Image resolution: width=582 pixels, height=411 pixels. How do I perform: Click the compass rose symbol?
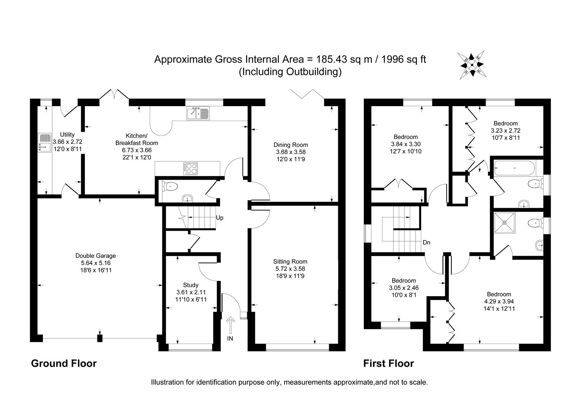coord(472,65)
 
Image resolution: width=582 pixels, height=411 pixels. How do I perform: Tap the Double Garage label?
coord(96,256)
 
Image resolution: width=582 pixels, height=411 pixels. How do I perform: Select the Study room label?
coord(190,285)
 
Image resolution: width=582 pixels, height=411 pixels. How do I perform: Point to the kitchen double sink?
coord(198,113)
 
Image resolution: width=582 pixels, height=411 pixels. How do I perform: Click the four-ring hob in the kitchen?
coord(191,168)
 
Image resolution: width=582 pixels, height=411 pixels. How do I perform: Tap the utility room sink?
coord(45,143)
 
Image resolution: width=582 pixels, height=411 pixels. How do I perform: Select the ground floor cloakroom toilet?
coord(170,186)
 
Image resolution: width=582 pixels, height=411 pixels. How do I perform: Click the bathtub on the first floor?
coord(514,167)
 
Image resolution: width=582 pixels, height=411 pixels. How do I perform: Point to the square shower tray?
coord(505,223)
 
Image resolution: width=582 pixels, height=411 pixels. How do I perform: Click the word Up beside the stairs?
coord(220,218)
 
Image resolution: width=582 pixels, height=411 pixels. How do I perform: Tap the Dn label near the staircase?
coord(426,242)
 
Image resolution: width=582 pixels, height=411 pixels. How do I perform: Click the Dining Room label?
coord(291,145)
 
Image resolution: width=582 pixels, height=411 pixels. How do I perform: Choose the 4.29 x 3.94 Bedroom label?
coord(499,301)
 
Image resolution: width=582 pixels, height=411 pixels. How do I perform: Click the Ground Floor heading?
coord(64,363)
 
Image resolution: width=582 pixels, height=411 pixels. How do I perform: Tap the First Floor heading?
coord(389,363)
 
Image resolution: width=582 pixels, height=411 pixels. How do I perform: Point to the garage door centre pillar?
coord(100,338)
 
